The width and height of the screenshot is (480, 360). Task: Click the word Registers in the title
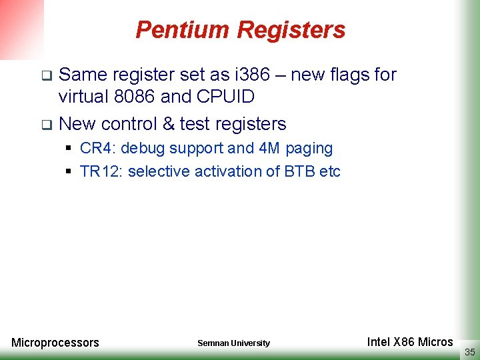click(291, 30)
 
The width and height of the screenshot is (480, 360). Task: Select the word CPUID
click(225, 97)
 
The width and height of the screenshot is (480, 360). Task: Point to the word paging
click(309, 149)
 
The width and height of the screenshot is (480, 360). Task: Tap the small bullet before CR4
click(69, 148)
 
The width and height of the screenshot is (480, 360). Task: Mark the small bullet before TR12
click(69, 171)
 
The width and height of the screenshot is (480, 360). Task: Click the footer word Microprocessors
click(55, 343)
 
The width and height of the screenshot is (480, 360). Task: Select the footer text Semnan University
click(233, 343)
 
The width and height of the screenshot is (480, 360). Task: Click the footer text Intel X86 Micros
click(410, 342)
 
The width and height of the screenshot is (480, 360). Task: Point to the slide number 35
click(469, 352)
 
